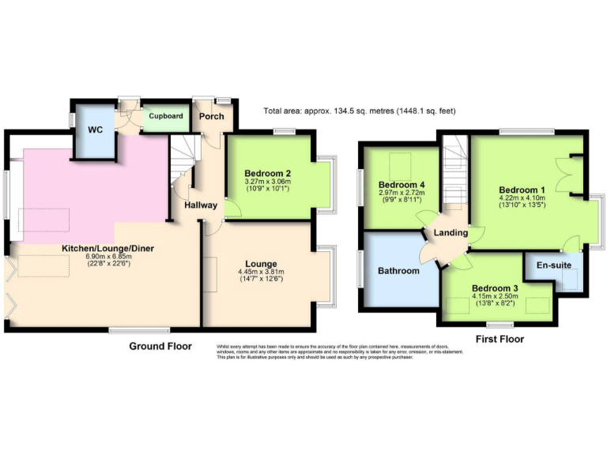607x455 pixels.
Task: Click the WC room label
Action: [96, 130]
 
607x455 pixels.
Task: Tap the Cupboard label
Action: [166, 116]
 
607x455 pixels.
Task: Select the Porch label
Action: [211, 116]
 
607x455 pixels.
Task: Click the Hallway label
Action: [201, 205]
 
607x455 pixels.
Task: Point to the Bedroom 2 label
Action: [267, 174]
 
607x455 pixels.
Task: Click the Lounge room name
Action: [261, 264]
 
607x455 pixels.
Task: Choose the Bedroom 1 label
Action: [522, 190]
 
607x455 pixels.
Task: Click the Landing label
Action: [451, 233]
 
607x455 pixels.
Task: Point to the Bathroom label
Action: [398, 271]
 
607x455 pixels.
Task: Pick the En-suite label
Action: [554, 265]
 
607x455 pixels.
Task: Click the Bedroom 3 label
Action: [495, 288]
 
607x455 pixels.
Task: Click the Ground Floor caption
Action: [160, 346]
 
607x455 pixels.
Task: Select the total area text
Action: [360, 111]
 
